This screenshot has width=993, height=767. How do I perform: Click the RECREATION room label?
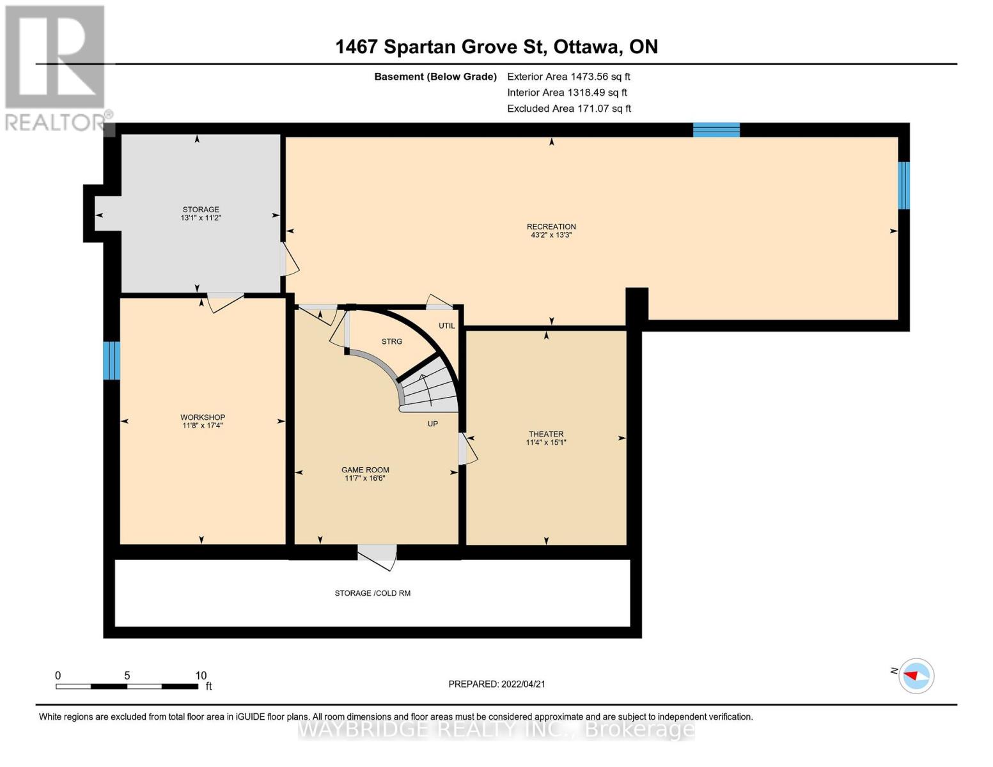click(551, 226)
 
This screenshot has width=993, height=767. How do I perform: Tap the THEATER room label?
click(546, 434)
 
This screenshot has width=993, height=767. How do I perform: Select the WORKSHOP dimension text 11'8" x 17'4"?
click(203, 426)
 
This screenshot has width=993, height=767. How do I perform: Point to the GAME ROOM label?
click(365, 470)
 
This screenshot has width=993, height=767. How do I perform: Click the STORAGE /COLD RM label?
click(372, 593)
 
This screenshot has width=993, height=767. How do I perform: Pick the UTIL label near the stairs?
click(446, 326)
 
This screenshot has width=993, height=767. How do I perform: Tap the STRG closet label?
click(391, 342)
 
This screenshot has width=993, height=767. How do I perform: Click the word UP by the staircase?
click(433, 424)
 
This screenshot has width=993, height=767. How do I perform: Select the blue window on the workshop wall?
click(111, 361)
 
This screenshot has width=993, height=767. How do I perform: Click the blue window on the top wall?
click(716, 130)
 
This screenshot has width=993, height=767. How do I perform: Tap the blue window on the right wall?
click(904, 185)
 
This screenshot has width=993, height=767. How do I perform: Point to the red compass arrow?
click(911, 675)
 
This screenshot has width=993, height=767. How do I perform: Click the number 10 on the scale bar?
click(201, 675)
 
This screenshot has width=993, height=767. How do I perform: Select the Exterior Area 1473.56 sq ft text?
click(568, 77)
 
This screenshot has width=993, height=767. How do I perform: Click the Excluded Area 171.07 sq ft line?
click(569, 109)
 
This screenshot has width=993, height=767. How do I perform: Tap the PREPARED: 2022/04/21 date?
click(497, 685)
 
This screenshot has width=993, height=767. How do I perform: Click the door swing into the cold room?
click(377, 558)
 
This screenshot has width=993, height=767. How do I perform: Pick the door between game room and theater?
click(467, 449)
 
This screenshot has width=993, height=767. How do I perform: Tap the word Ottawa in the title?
click(587, 47)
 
